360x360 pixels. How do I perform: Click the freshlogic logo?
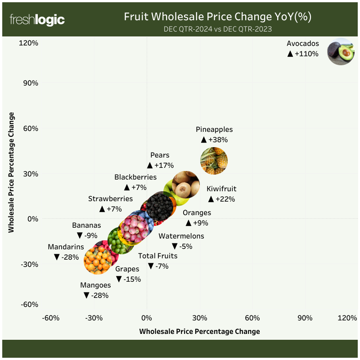37,20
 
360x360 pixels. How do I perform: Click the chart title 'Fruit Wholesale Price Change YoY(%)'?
218,17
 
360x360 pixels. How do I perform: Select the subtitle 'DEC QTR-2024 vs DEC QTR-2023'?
218,29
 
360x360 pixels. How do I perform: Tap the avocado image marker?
341,51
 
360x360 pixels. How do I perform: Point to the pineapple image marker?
214,160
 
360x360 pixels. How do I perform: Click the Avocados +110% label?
303,49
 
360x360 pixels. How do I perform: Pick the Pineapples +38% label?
214,135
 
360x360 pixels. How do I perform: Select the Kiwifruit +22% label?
221,194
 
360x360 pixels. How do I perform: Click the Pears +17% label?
160,160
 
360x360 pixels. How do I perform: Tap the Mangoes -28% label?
95,290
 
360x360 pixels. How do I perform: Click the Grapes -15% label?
128,274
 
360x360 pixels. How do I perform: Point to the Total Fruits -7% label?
158,261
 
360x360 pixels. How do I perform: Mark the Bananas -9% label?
87,230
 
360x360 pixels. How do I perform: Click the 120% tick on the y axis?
28,43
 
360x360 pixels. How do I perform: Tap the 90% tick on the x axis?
305,318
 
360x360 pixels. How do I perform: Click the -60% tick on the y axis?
29,304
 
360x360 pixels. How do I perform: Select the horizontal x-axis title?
200,332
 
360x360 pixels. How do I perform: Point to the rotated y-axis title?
12,172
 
